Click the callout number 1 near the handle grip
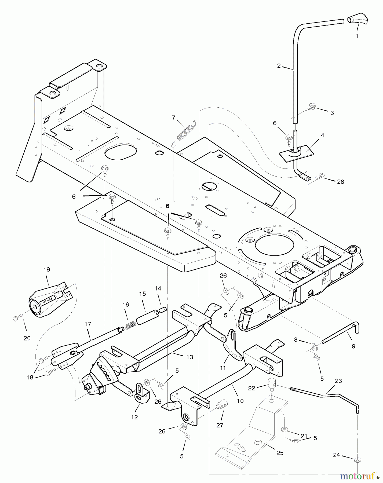point(357,36)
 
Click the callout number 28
point(340,182)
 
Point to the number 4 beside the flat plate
point(322,136)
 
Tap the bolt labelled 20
point(15,319)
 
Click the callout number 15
point(142,294)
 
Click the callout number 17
point(88,324)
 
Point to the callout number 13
point(190,357)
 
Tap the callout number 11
point(223,368)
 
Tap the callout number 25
point(280,453)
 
